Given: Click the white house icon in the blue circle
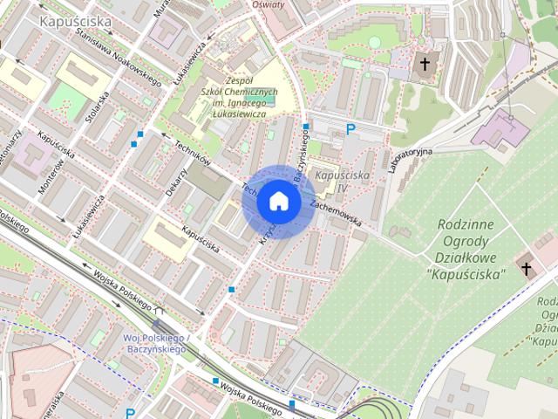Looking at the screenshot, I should [x=278, y=201].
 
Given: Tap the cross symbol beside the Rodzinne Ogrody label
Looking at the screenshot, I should [x=526, y=268].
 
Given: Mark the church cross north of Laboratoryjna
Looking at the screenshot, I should [x=425, y=65].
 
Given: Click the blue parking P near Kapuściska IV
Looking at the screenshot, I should [x=350, y=130].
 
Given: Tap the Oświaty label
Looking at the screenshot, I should [x=269, y=4].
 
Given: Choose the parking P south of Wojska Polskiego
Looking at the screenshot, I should [x=130, y=413].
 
